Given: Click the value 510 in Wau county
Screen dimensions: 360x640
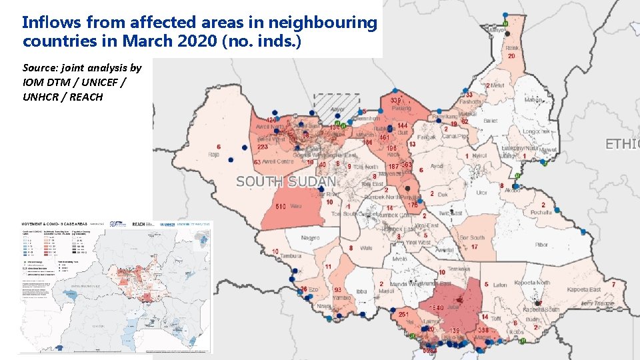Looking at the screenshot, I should coord(281,207).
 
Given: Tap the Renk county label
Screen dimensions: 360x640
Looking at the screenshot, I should coord(512,48).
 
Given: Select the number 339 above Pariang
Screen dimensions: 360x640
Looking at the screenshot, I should coord(395,100).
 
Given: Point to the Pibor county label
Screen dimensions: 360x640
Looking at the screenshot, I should coord(541,245).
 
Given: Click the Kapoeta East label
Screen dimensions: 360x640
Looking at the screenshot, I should coord(583,289).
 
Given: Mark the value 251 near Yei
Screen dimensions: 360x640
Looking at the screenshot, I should coord(403,314).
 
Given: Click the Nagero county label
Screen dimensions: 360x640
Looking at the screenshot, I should coord(310,238).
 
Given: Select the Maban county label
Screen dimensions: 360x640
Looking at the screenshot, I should coord(533,101).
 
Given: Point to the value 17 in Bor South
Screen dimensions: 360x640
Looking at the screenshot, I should coord(474,247).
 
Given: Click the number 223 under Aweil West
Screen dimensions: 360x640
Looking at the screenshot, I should coord(263,147).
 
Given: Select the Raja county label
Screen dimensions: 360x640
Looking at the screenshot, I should coord(213,154).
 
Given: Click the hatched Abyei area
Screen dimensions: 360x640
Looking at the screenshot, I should coord(337,105).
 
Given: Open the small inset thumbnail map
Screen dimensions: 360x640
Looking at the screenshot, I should coord(113,287).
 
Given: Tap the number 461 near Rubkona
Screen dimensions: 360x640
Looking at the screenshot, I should coord(384,137).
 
